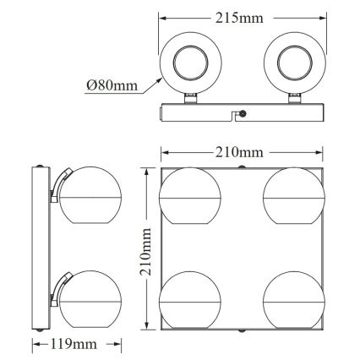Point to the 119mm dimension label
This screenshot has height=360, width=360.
pyautogui.click(x=75, y=345)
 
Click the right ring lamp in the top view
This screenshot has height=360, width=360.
pyautogui.click(x=295, y=63)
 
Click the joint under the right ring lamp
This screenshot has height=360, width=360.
pyautogui.click(x=295, y=101)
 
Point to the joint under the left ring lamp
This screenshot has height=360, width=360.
pyautogui.click(x=190, y=101)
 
